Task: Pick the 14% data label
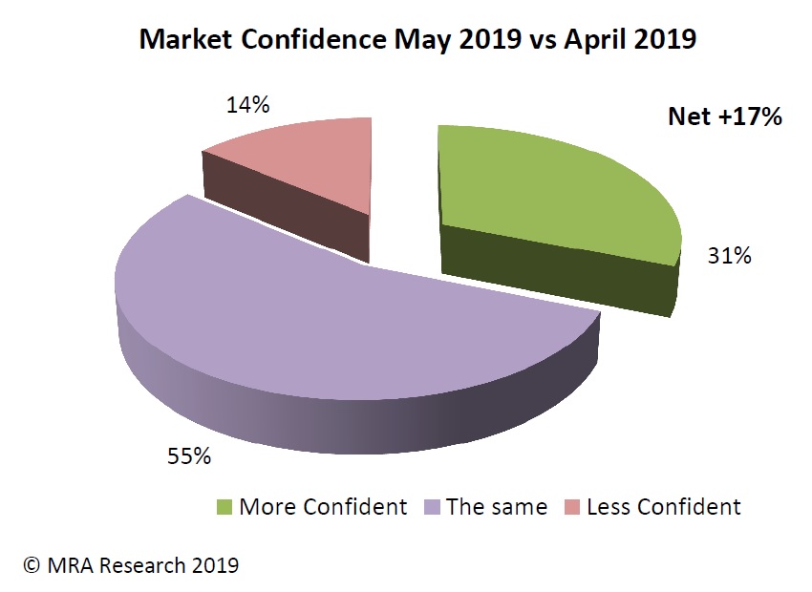(246, 105)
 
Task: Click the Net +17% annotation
(725, 117)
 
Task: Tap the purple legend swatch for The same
(431, 507)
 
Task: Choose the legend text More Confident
(323, 507)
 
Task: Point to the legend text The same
(496, 507)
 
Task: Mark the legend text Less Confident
(664, 507)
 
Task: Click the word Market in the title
(180, 40)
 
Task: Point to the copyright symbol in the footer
(32, 565)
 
